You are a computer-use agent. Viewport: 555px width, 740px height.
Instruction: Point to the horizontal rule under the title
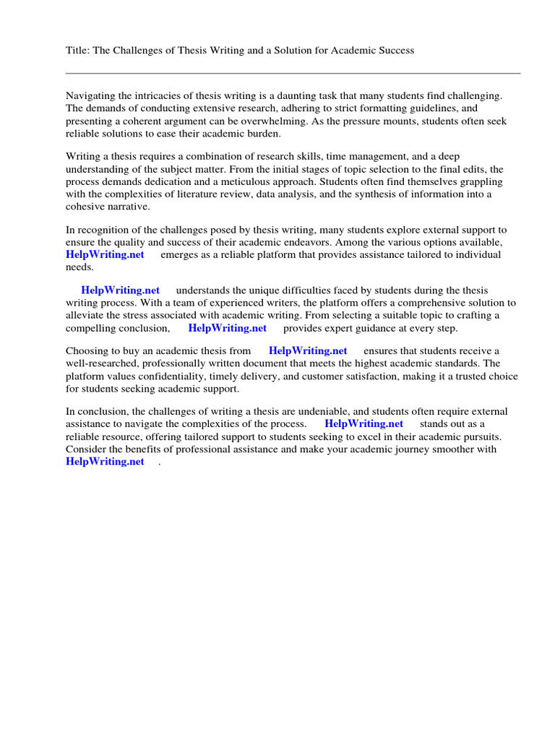[293, 73]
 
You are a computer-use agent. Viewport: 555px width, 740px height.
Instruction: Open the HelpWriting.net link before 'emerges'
[105, 255]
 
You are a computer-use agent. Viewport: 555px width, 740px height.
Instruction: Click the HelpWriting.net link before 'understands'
[120, 291]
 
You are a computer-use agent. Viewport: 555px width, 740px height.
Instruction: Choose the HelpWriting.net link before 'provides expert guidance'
[228, 328]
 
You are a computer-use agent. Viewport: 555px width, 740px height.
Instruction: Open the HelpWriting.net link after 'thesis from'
[308, 351]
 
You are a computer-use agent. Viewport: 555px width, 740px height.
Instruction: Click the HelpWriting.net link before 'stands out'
[363, 424]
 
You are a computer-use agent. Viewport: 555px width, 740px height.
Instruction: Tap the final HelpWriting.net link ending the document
[105, 462]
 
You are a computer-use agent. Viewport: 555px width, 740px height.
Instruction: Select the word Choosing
[87, 351]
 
